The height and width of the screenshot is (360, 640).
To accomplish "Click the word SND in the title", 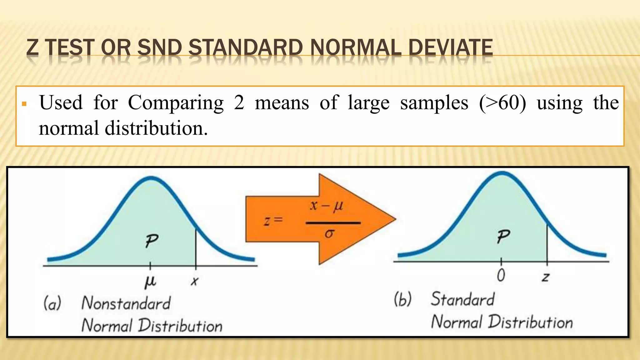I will point(159,47).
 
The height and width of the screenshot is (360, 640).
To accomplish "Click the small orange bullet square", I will point(24,104).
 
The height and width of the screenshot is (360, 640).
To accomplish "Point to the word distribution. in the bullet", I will point(156,128).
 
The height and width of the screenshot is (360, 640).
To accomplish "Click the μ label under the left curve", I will point(150,281).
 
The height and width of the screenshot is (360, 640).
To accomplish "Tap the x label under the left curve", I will point(194,281).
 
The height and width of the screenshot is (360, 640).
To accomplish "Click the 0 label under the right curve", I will point(501,276).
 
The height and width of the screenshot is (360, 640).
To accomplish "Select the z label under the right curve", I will point(546,277).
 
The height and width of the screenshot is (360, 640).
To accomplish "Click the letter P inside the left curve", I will point(152,241).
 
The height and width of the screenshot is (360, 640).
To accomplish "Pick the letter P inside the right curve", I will point(503,237).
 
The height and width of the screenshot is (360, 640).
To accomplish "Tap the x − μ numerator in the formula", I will point(327,206).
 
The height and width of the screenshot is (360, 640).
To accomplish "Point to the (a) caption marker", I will point(52,303).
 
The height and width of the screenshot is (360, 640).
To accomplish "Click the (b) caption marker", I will point(403,299).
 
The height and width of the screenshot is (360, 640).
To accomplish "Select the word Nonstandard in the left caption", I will point(126,303).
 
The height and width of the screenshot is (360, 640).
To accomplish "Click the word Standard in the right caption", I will point(463,299).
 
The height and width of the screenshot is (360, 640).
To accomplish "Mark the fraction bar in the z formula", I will point(333,223).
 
